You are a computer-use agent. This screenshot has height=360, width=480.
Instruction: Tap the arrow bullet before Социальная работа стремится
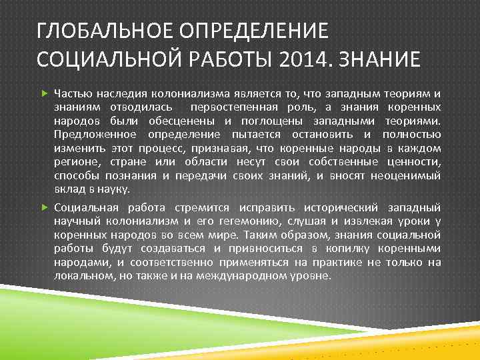point(45,207)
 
